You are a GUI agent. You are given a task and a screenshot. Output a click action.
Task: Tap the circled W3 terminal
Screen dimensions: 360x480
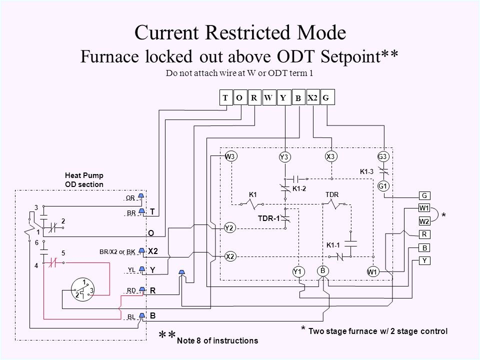[230, 156]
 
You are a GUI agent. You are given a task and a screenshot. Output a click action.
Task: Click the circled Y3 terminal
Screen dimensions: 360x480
[284, 157]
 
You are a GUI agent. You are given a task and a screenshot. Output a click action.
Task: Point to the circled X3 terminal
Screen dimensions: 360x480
[330, 156]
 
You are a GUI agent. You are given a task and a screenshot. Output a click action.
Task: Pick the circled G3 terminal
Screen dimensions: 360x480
[383, 156]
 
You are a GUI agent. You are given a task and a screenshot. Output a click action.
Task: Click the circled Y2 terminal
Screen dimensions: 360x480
[230, 228]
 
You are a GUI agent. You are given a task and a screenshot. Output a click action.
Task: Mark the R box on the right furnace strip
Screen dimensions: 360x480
[424, 233]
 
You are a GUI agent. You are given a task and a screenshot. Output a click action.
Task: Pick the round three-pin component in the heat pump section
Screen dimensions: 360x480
[82, 289]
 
